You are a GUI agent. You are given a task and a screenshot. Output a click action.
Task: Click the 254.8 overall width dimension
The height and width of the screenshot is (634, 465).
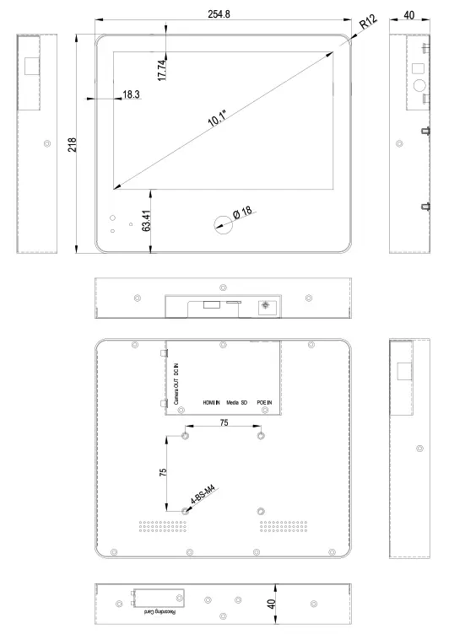point(219,14)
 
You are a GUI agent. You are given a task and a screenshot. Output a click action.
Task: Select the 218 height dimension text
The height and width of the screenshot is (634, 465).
point(72,145)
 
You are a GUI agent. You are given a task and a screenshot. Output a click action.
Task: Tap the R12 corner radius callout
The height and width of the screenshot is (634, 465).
point(368,21)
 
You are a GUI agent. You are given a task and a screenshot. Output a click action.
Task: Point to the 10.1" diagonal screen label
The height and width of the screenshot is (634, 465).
point(218,118)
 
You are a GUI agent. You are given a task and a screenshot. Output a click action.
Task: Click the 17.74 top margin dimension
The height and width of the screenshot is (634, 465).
point(161,70)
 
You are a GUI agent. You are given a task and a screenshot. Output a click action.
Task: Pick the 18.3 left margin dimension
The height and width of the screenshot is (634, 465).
point(131,94)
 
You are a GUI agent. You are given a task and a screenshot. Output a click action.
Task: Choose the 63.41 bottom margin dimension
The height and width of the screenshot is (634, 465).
point(146,221)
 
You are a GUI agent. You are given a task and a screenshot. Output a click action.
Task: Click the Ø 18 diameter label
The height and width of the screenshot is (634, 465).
point(242,212)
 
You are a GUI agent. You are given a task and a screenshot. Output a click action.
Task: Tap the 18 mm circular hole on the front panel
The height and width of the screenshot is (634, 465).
point(224,225)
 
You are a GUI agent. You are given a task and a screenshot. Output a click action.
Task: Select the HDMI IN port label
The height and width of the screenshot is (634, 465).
point(211,403)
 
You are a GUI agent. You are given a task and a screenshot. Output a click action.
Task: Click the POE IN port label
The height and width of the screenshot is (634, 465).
point(264,403)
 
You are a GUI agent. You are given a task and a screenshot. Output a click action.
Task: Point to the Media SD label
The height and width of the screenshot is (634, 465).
point(237,403)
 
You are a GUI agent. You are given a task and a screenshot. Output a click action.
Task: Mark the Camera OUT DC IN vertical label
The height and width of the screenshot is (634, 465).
point(176,384)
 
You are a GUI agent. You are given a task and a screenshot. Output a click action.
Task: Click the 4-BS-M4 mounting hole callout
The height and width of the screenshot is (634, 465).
point(203,494)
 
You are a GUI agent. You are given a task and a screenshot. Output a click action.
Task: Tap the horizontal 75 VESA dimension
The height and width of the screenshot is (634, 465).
point(224,422)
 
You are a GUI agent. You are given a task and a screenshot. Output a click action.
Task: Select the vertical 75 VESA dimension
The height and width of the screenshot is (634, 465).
point(163,472)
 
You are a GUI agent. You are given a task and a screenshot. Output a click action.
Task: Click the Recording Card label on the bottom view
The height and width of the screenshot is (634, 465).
point(160,612)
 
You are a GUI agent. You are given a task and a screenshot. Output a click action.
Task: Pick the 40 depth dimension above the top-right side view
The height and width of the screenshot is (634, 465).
point(409,15)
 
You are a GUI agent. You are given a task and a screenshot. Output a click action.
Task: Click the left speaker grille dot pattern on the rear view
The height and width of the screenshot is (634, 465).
point(163,526)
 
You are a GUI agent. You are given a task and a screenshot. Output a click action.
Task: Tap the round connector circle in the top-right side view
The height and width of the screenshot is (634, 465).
point(419,85)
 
